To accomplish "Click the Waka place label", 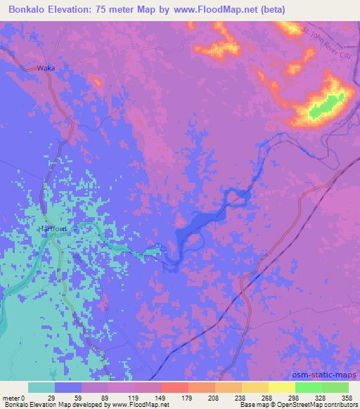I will pyautogui.click(x=45, y=68).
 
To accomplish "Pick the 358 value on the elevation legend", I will pyautogui.click(x=346, y=397).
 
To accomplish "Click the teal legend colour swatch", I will pyautogui.click(x=41, y=387).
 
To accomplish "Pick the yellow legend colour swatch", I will pyautogui.click(x=282, y=387).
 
